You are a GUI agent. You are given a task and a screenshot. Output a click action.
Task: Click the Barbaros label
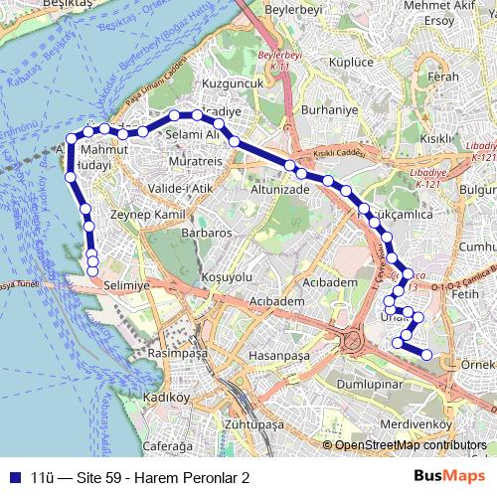[206, 232]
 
